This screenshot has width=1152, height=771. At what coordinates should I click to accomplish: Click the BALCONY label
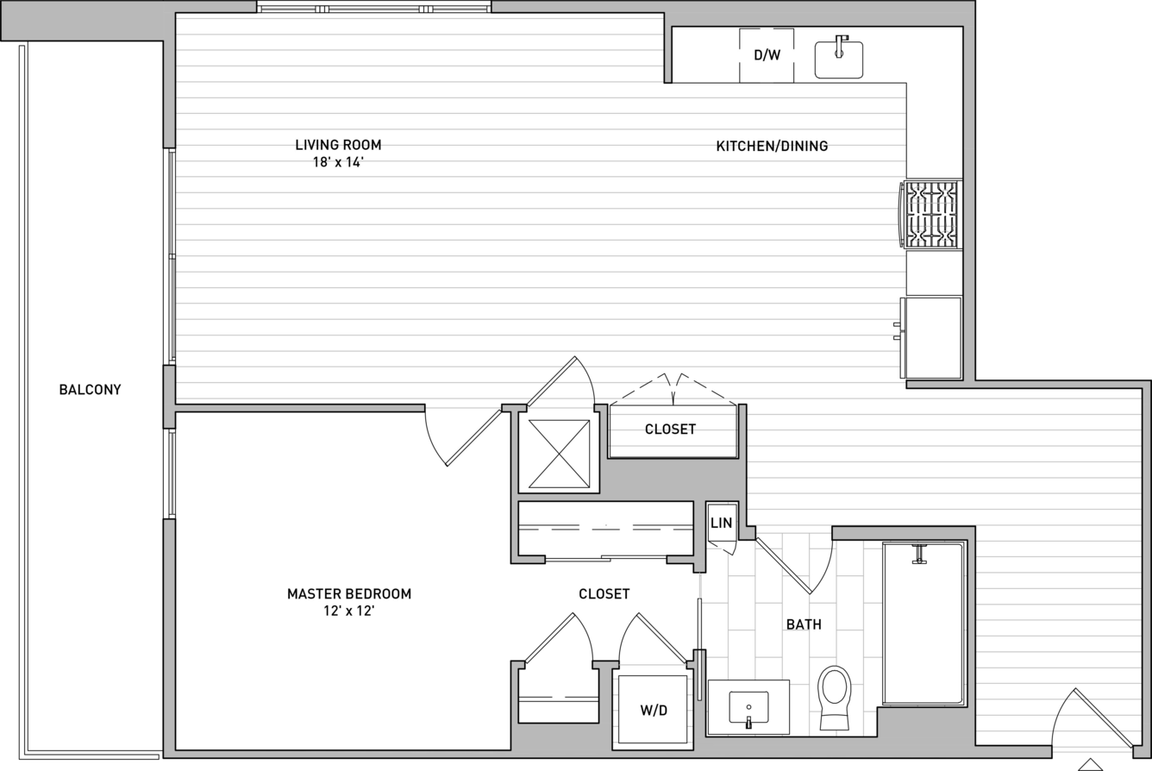point(90,390)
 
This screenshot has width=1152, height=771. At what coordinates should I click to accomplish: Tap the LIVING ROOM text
point(338,145)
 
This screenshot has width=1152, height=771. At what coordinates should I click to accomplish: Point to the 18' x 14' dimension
point(338,162)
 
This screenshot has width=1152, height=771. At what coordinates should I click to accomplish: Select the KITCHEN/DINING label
point(772,146)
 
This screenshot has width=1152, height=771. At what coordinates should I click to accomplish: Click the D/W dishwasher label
point(767,55)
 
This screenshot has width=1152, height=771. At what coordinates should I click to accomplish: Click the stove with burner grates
point(931,214)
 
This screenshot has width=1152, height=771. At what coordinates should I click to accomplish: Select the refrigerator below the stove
point(931,338)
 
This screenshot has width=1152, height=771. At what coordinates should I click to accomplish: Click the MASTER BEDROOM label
point(349,594)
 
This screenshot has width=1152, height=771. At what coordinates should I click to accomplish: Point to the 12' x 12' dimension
point(349,611)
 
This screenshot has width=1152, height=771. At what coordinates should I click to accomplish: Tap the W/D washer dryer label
point(654,711)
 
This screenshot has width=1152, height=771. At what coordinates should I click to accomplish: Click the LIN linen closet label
point(721,523)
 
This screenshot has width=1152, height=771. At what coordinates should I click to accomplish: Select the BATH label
point(804,624)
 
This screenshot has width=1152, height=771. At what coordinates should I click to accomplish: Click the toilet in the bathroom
point(834,698)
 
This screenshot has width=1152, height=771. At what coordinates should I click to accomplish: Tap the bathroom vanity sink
point(748,708)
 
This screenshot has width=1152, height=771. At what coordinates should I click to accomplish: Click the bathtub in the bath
point(924,623)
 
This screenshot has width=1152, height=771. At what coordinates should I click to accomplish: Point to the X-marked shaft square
point(559,454)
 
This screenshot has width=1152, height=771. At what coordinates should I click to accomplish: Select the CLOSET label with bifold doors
point(670,429)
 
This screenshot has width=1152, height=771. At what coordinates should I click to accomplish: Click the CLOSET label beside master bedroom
point(604,594)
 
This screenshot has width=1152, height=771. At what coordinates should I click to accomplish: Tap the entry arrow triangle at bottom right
point(1090,765)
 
